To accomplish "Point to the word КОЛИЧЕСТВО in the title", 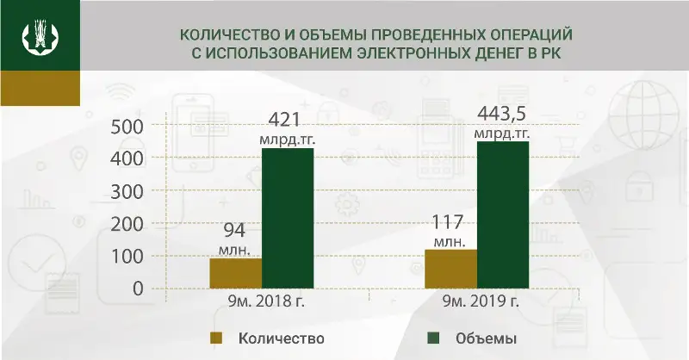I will (x=221, y=37).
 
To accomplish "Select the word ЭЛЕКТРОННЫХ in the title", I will (x=394, y=55).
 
